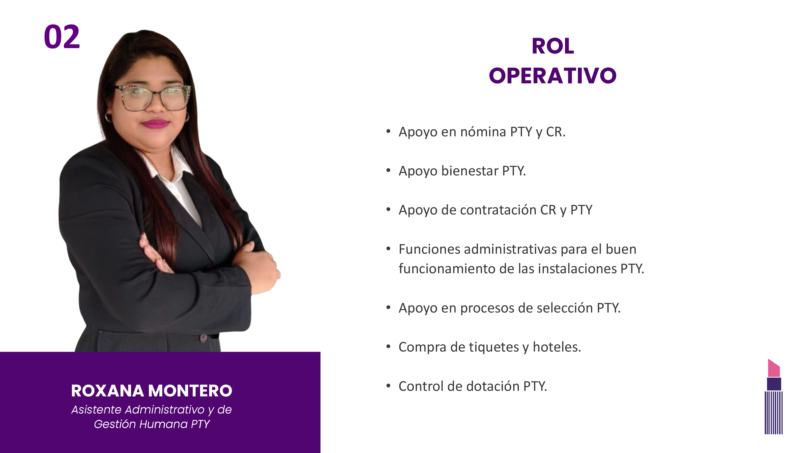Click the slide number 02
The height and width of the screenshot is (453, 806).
click(62, 37)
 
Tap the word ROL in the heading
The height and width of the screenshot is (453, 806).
click(553, 46)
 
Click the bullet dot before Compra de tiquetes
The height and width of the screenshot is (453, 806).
click(388, 346)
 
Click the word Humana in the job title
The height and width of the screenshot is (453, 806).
click(163, 424)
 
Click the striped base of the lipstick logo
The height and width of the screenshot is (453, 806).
click(774, 413)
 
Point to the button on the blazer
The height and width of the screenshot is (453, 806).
click(203, 338)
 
